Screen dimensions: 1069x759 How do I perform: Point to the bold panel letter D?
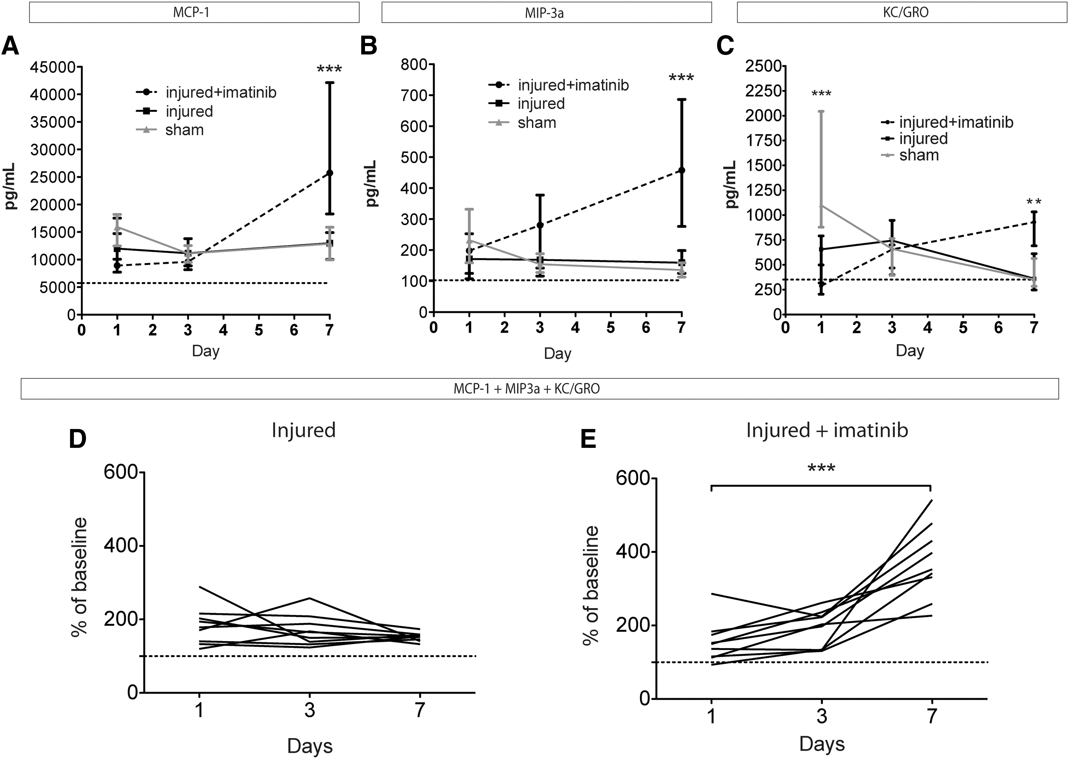[78, 439]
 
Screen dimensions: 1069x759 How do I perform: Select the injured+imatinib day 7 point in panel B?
[681, 170]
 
